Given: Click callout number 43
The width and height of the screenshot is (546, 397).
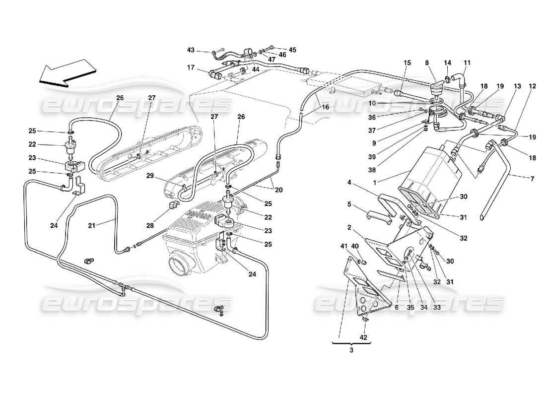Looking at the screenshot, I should [x=192, y=50].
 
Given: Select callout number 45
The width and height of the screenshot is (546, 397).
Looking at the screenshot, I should [x=292, y=50].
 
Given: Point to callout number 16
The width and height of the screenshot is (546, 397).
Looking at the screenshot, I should [x=325, y=107].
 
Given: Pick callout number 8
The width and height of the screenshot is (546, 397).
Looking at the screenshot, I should [x=427, y=63].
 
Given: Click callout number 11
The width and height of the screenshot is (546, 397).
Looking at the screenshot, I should [x=467, y=63].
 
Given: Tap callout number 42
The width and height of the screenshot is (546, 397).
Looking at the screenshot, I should [x=364, y=338].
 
